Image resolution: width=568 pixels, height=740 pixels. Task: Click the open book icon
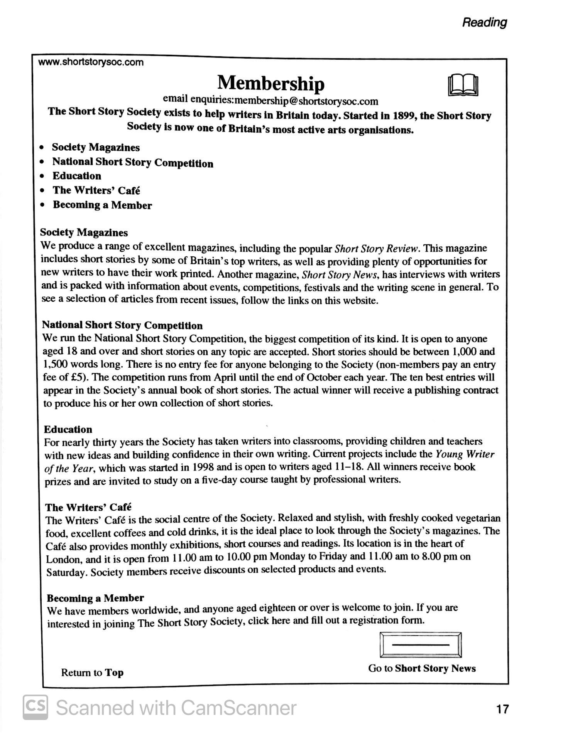(463, 85)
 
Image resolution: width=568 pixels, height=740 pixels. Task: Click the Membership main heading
(271, 83)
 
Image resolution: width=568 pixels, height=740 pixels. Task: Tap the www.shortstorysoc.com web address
(91, 62)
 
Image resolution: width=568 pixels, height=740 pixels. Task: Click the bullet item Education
(77, 176)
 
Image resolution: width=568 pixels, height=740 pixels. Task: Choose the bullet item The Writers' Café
(96, 190)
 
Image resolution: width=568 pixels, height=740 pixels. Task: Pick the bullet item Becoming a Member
(102, 205)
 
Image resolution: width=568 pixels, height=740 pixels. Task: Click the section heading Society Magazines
(84, 232)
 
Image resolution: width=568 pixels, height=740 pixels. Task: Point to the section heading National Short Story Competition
(122, 325)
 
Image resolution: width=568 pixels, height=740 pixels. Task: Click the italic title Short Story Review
(377, 249)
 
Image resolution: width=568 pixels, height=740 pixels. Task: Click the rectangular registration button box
(421, 645)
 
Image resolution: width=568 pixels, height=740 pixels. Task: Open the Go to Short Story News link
(422, 668)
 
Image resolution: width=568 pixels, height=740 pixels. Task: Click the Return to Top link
(92, 673)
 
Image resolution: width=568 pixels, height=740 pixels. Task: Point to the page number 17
(502, 708)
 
